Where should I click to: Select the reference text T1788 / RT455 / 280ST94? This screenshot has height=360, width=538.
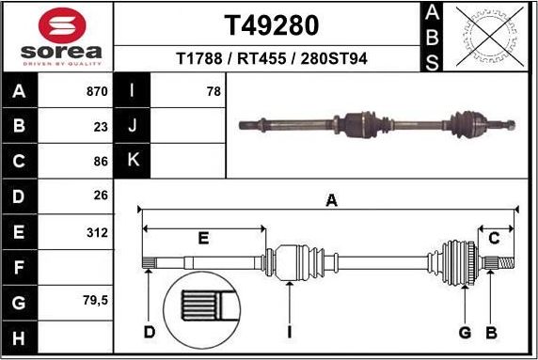tap(271, 58)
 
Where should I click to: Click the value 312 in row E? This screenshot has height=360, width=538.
tap(97, 230)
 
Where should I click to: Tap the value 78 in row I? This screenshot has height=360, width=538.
tap(213, 92)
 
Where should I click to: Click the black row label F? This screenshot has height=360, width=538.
tap(21, 266)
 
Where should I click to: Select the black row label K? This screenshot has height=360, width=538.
tap(133, 161)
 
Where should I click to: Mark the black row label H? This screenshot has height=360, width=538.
tap(21, 336)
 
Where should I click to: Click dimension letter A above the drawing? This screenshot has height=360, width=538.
tap(330, 199)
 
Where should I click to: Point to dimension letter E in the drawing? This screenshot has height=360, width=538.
tap(203, 239)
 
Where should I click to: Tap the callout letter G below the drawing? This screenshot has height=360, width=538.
tap(465, 332)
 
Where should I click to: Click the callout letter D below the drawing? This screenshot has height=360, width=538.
tap(149, 332)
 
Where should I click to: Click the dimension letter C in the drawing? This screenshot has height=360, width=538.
tap(494, 239)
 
